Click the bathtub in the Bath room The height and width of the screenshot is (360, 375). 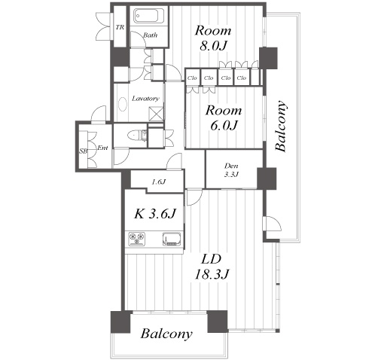(149, 16)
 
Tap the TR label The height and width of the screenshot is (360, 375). (120, 27)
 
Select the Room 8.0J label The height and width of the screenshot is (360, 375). (213, 38)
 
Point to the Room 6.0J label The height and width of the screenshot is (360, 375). (224, 117)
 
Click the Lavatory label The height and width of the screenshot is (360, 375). (145, 99)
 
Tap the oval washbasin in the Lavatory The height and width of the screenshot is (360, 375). (123, 104)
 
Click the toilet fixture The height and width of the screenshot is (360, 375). (137, 136)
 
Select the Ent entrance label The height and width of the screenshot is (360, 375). (102, 148)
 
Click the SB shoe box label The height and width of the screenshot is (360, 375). (84, 151)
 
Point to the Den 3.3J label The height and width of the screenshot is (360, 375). (231, 170)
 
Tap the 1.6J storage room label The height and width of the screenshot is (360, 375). (158, 182)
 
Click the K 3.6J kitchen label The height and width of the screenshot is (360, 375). (154, 214)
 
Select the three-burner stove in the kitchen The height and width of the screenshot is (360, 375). (137, 239)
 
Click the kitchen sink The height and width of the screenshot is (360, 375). (172, 239)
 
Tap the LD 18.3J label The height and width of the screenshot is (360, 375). (212, 267)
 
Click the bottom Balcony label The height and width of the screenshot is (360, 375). (166, 334)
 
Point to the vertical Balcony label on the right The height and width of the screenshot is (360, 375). (281, 126)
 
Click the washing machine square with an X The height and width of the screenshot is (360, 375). (156, 114)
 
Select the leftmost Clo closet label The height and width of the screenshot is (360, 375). (192, 78)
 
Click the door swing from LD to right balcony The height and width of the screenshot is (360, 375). (273, 223)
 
